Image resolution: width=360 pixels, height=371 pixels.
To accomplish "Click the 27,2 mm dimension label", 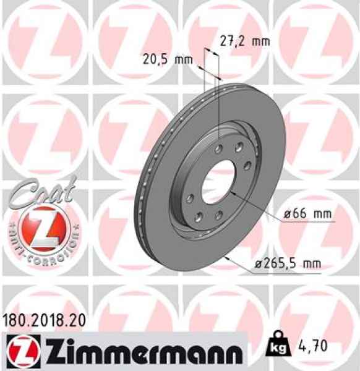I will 245,42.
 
